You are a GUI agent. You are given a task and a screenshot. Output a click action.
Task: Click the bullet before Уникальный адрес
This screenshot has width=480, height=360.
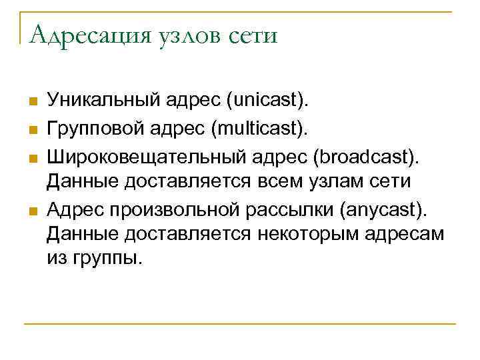coord(31,101)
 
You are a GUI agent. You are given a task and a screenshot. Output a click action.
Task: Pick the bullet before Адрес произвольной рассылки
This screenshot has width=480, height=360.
coord(31,212)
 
